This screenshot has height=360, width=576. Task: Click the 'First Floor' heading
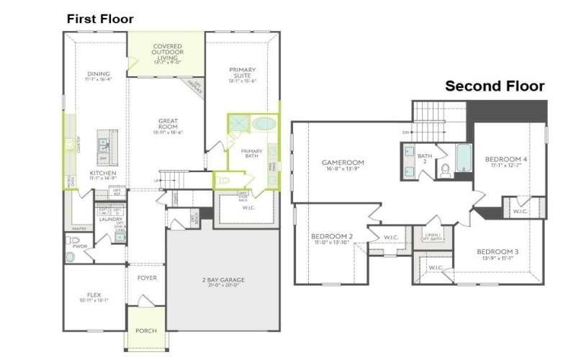pyautogui.click(x=100, y=19)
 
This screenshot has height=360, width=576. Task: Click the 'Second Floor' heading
pyautogui.click(x=494, y=86)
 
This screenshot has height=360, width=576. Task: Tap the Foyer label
pyautogui.click(x=147, y=278)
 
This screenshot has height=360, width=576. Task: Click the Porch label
pyautogui.click(x=146, y=330)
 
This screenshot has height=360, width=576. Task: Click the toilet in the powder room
pyautogui.click(x=71, y=256)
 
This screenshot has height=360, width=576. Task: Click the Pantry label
pyautogui.click(x=79, y=229)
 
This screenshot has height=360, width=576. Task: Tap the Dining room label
pyautogui.click(x=98, y=75)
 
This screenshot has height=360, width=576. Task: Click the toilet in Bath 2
pyautogui.click(x=445, y=170)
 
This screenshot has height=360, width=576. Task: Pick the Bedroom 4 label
pyautogui.click(x=505, y=161)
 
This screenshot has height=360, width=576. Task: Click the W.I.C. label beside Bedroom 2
pyautogui.click(x=391, y=238)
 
